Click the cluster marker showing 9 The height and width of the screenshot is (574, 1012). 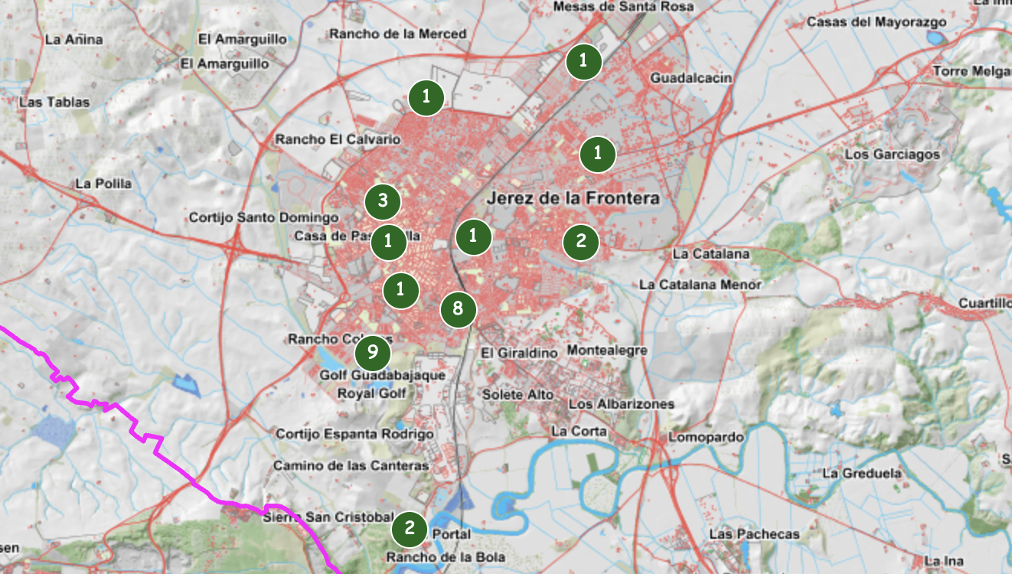pos(373,352)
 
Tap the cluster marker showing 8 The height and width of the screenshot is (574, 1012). pos(458,308)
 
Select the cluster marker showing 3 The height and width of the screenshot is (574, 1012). pos(383,201)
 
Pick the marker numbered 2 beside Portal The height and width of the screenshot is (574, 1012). pos(410,527)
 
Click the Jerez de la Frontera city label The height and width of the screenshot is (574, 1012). pos(573,198)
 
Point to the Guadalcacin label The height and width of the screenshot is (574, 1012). pos(690,78)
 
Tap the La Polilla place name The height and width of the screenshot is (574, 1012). pos(103,184)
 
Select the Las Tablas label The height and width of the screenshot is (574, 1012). pos(54,102)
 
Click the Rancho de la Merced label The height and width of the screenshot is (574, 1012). pos(397,34)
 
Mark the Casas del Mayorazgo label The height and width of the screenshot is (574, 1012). pos(877,22)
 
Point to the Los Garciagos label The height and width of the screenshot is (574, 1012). pos(892,155)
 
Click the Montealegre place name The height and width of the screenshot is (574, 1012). pos(607,350)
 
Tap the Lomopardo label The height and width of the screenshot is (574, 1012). pos(706,437)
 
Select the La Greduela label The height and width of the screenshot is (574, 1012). pos(861,473)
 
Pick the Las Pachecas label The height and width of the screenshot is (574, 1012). pos(754,533)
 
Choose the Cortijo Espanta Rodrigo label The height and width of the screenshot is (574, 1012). pos(354,434)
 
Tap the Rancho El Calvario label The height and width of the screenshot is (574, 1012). pos(338,139)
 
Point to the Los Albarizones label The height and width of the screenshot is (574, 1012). pos(621,403)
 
